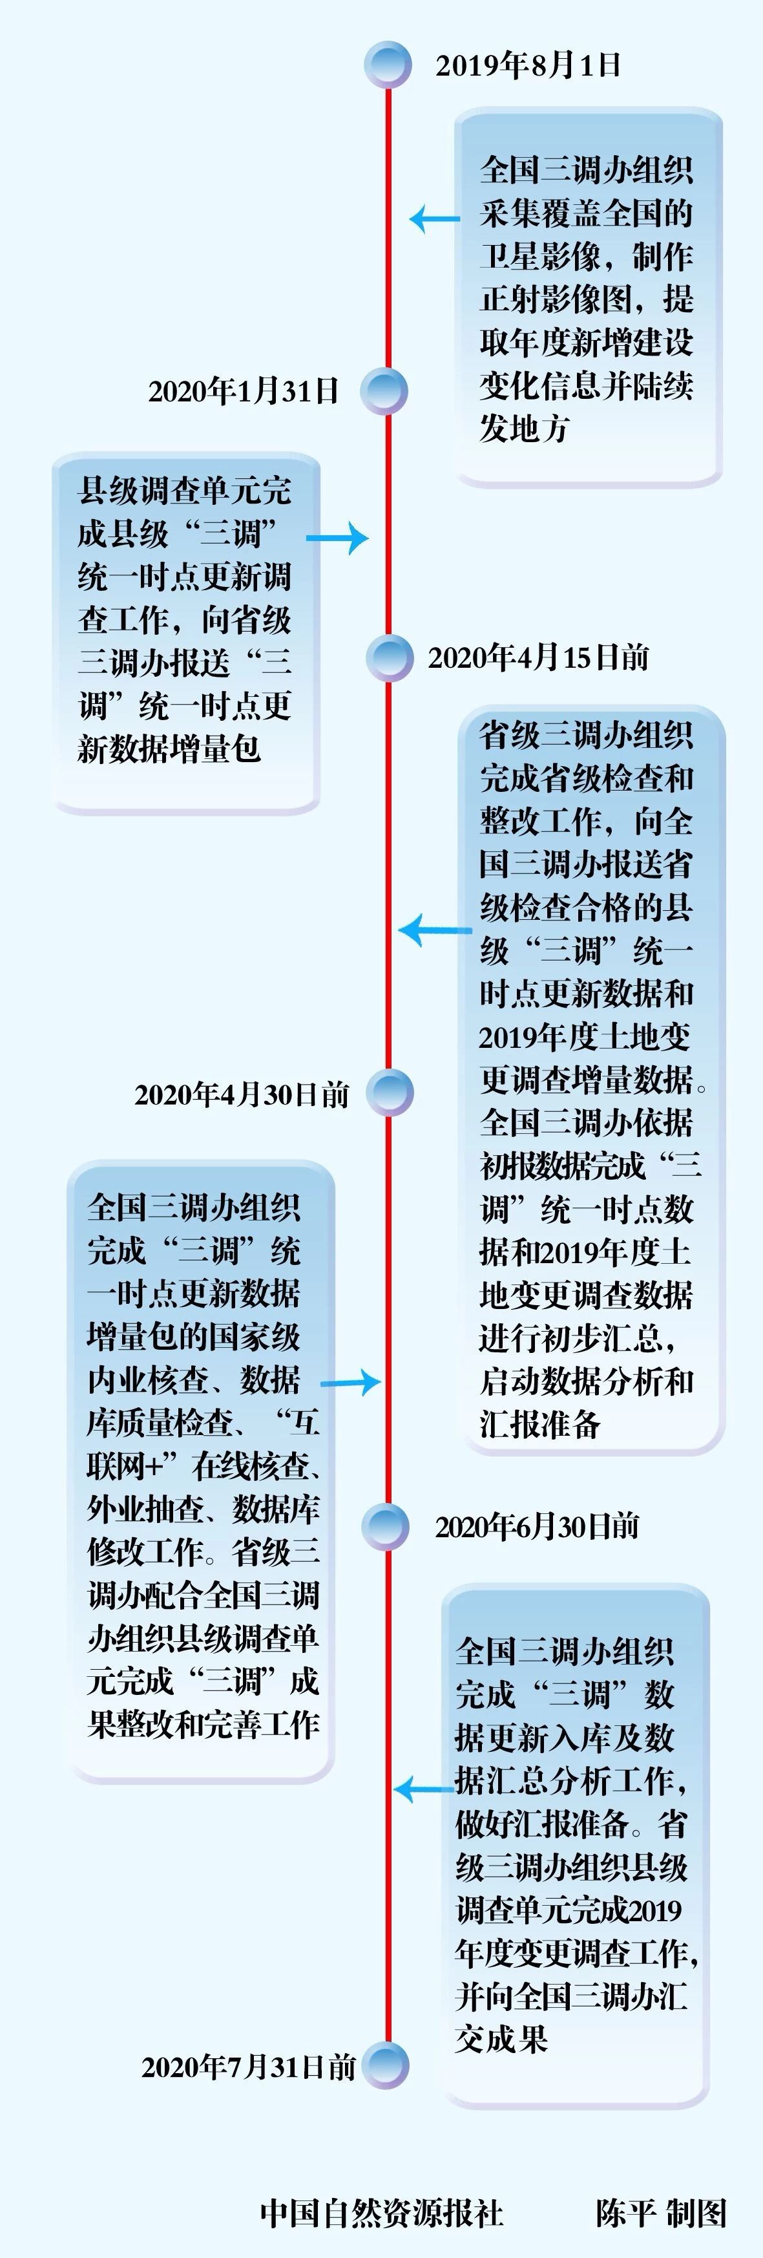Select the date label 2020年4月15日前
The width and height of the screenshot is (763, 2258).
539,657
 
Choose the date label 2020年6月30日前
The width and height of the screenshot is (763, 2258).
537,1527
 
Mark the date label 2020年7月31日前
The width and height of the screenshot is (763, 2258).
249,2067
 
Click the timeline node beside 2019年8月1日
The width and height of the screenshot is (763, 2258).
388,65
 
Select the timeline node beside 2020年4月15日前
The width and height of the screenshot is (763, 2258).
389,657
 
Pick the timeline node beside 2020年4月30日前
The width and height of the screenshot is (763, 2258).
389,1093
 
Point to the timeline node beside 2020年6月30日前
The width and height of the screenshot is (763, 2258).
386,1527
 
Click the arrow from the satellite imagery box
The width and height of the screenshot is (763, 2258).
435,219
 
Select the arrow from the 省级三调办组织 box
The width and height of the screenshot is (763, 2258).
435,930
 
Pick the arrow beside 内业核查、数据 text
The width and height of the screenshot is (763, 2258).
350,1383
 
